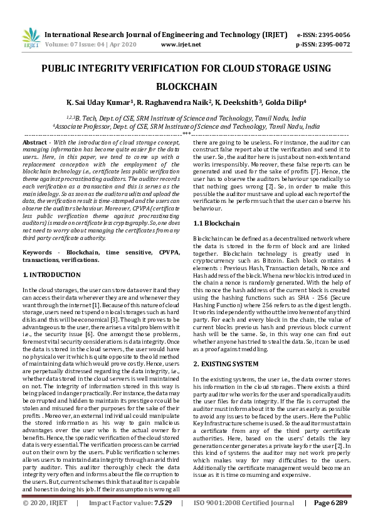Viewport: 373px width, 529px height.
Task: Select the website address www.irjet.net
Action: click(x=181, y=45)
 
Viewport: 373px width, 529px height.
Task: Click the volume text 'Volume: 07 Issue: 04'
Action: click(x=76, y=45)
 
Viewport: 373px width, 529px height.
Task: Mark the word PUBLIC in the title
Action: click(x=64, y=70)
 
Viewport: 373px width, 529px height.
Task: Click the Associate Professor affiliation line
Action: click(x=186, y=126)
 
